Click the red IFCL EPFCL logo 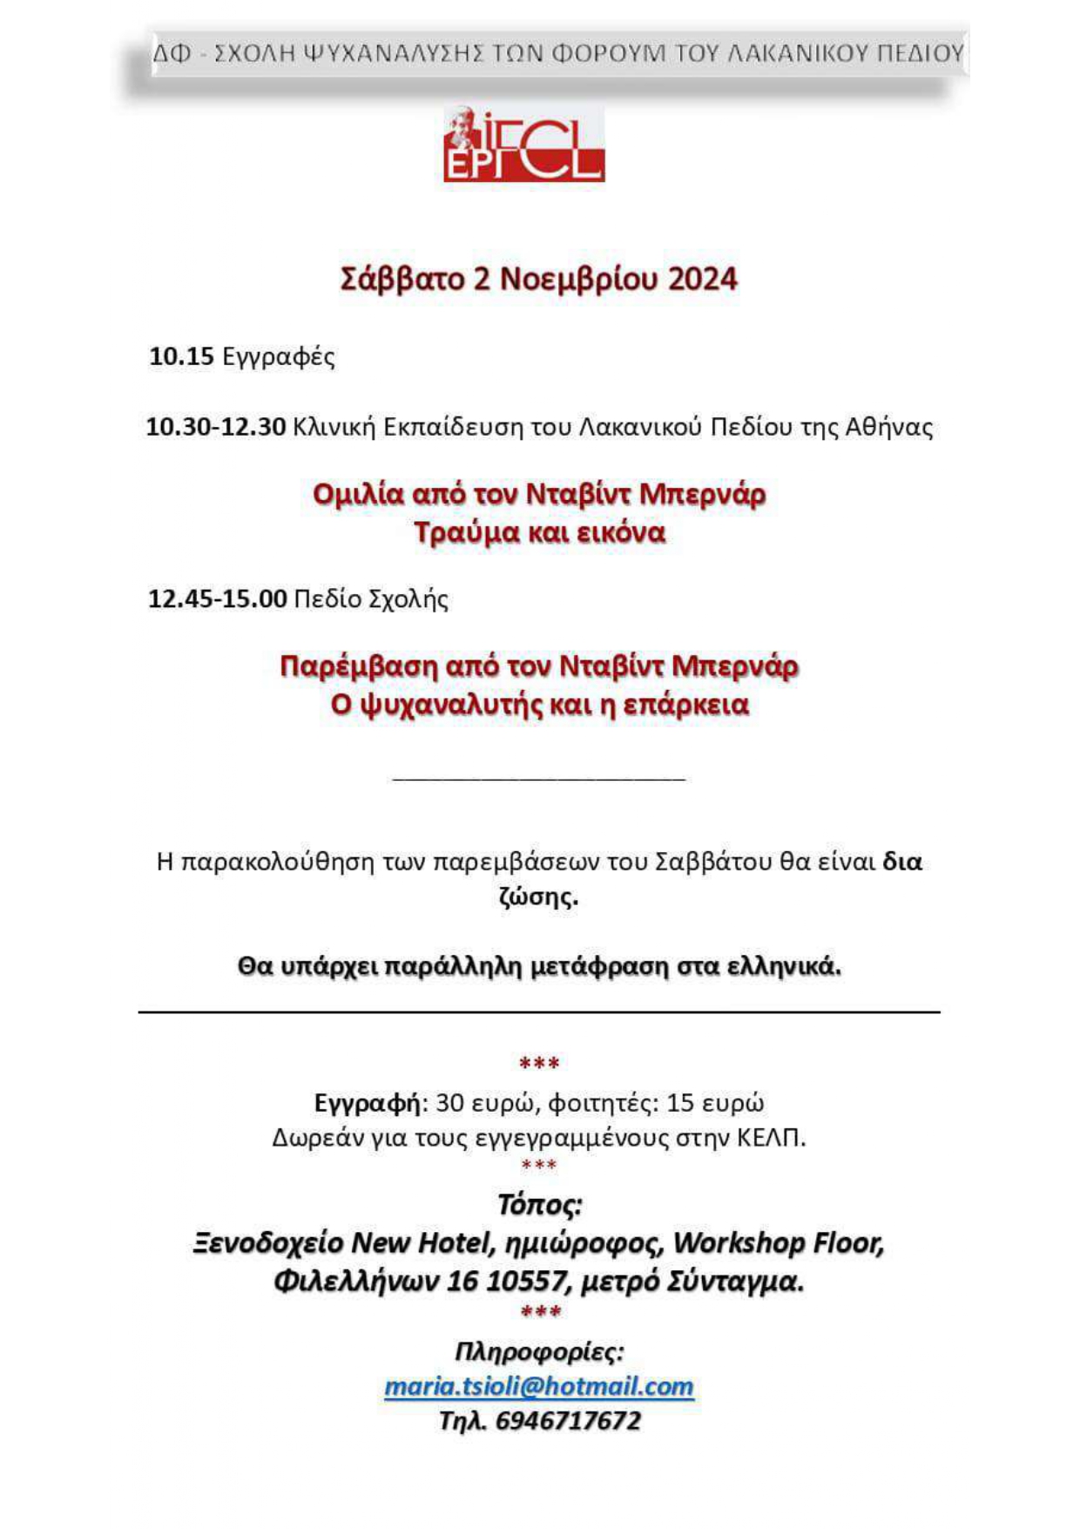click(x=523, y=145)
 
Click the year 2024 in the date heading click(x=703, y=279)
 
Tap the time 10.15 click(x=181, y=356)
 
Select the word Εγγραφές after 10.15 click(x=279, y=357)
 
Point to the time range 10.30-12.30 click(x=216, y=427)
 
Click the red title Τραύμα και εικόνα click(x=539, y=532)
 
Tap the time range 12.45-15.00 click(x=218, y=599)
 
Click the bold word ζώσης click(x=538, y=896)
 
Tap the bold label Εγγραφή click(x=368, y=1103)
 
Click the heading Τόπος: click(x=539, y=1205)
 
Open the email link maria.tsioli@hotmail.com click(x=539, y=1386)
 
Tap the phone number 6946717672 click(x=568, y=1421)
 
